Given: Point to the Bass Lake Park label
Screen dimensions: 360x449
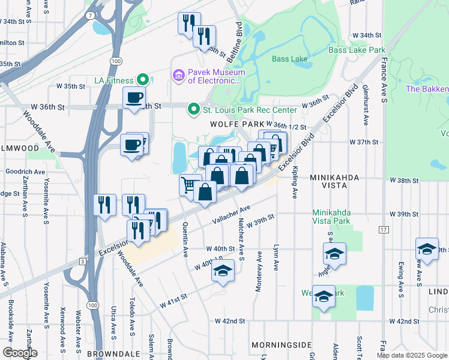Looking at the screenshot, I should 356,51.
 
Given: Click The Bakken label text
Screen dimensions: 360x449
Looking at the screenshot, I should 427,89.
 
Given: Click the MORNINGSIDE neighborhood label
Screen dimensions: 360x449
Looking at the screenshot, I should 282,345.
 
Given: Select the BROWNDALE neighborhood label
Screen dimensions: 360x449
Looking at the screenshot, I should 113,354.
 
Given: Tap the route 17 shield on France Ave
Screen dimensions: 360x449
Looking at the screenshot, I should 383,230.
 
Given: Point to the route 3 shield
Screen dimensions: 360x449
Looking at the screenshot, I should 82,261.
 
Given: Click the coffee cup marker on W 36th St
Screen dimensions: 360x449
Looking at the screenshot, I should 134,97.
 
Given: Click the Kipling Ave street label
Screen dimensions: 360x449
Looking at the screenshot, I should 295,186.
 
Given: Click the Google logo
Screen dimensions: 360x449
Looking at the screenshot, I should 20,353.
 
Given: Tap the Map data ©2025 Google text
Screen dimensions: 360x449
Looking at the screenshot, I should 412,355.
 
